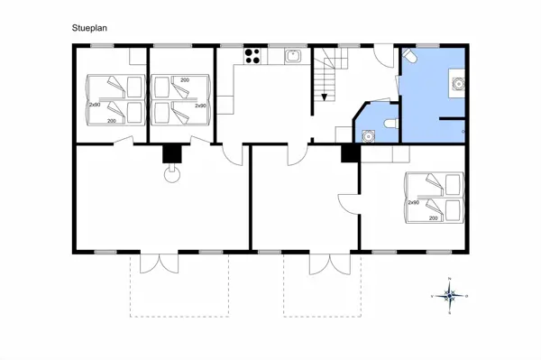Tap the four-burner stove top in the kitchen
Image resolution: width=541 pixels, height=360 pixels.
(x=253, y=56)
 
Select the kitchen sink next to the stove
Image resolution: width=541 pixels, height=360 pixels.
(x=292, y=57)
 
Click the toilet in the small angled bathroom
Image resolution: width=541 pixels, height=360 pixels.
(x=389, y=123)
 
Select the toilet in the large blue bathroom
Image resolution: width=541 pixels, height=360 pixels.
(x=410, y=57)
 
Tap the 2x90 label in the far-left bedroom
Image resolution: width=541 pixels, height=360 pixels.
(x=94, y=105)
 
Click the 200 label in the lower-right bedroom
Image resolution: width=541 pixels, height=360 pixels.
(x=434, y=217)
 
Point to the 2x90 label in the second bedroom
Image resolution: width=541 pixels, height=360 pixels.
(x=200, y=105)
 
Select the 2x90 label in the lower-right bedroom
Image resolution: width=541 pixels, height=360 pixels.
(x=413, y=203)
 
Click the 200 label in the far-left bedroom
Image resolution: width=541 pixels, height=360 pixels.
(x=112, y=120)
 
